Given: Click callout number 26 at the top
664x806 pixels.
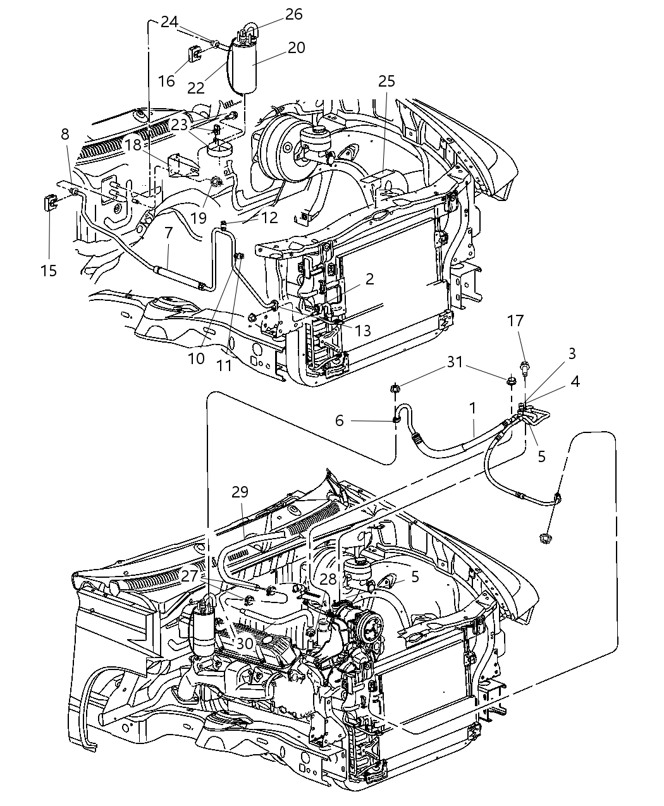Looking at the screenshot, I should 293,14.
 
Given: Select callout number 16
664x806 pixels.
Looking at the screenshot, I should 166,81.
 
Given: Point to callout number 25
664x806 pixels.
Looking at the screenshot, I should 386,81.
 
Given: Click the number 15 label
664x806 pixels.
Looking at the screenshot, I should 49,271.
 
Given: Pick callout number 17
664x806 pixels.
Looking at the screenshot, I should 515,321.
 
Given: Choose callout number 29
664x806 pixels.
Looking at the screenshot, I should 240,492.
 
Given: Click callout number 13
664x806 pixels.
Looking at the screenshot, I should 362,330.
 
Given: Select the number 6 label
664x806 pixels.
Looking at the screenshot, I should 340,420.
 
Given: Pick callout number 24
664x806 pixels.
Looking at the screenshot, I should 169,21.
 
